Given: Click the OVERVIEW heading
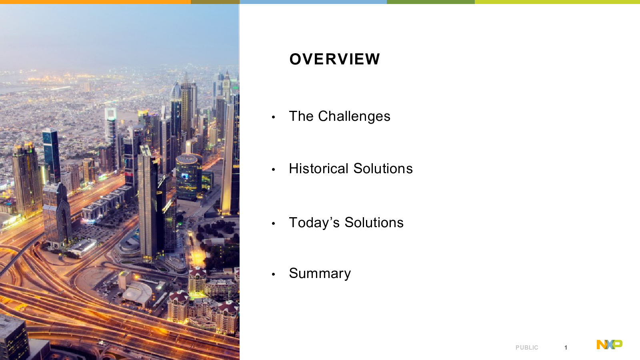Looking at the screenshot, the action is click(334, 59).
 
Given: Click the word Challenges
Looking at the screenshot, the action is click(354, 116).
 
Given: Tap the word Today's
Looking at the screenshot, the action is click(314, 222).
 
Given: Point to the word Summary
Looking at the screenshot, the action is click(320, 274).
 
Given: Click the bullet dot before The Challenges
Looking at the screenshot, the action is click(274, 117).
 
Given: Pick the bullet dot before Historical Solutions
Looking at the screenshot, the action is click(274, 170).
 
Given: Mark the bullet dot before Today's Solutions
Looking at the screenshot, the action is click(274, 224).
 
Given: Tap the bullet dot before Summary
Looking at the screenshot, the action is click(274, 274).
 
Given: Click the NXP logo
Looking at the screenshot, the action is click(610, 344).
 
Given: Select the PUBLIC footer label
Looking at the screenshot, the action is click(527, 348).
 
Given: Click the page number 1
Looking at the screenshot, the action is click(566, 348).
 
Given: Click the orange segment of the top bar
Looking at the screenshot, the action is click(96, 2).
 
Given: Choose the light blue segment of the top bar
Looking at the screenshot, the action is click(313, 2).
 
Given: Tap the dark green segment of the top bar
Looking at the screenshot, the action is click(431, 2).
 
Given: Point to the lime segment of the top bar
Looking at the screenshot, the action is click(558, 2).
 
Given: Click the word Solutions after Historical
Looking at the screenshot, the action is click(383, 168).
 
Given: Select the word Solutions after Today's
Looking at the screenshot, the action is click(374, 222).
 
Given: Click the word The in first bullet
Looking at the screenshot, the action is click(301, 116).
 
